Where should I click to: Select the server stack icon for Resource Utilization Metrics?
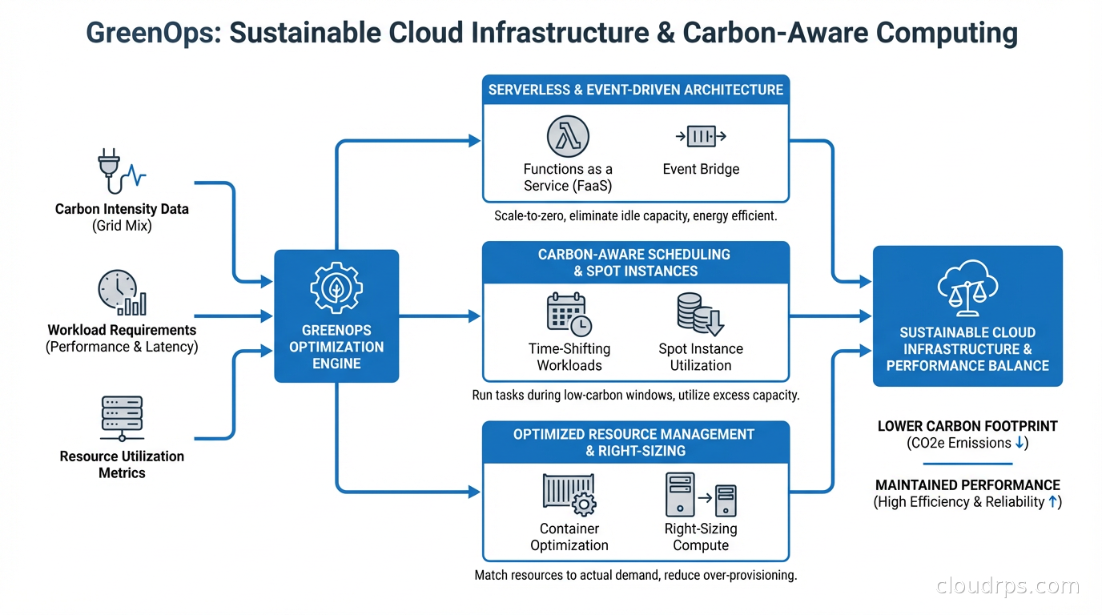pos(122,417)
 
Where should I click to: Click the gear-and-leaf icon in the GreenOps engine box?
pos(336,286)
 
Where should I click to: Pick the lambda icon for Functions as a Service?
pos(568,136)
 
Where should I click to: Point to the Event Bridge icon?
pos(701,137)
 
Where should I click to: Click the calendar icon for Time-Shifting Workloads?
pos(569,315)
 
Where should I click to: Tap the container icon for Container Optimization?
pos(569,494)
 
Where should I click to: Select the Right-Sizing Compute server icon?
pos(700,494)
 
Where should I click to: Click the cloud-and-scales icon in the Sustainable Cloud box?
pos(967,288)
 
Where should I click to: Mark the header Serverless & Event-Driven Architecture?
pos(636,90)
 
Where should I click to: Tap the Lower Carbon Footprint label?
pos(967,426)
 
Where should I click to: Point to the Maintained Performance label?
pos(967,485)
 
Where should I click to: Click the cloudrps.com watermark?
pos(1007,586)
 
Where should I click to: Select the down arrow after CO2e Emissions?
pos(1018,443)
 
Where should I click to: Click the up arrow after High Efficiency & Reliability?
pos(1052,502)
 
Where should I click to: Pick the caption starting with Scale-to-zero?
pos(636,216)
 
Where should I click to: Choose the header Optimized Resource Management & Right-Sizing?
pos(636,442)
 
